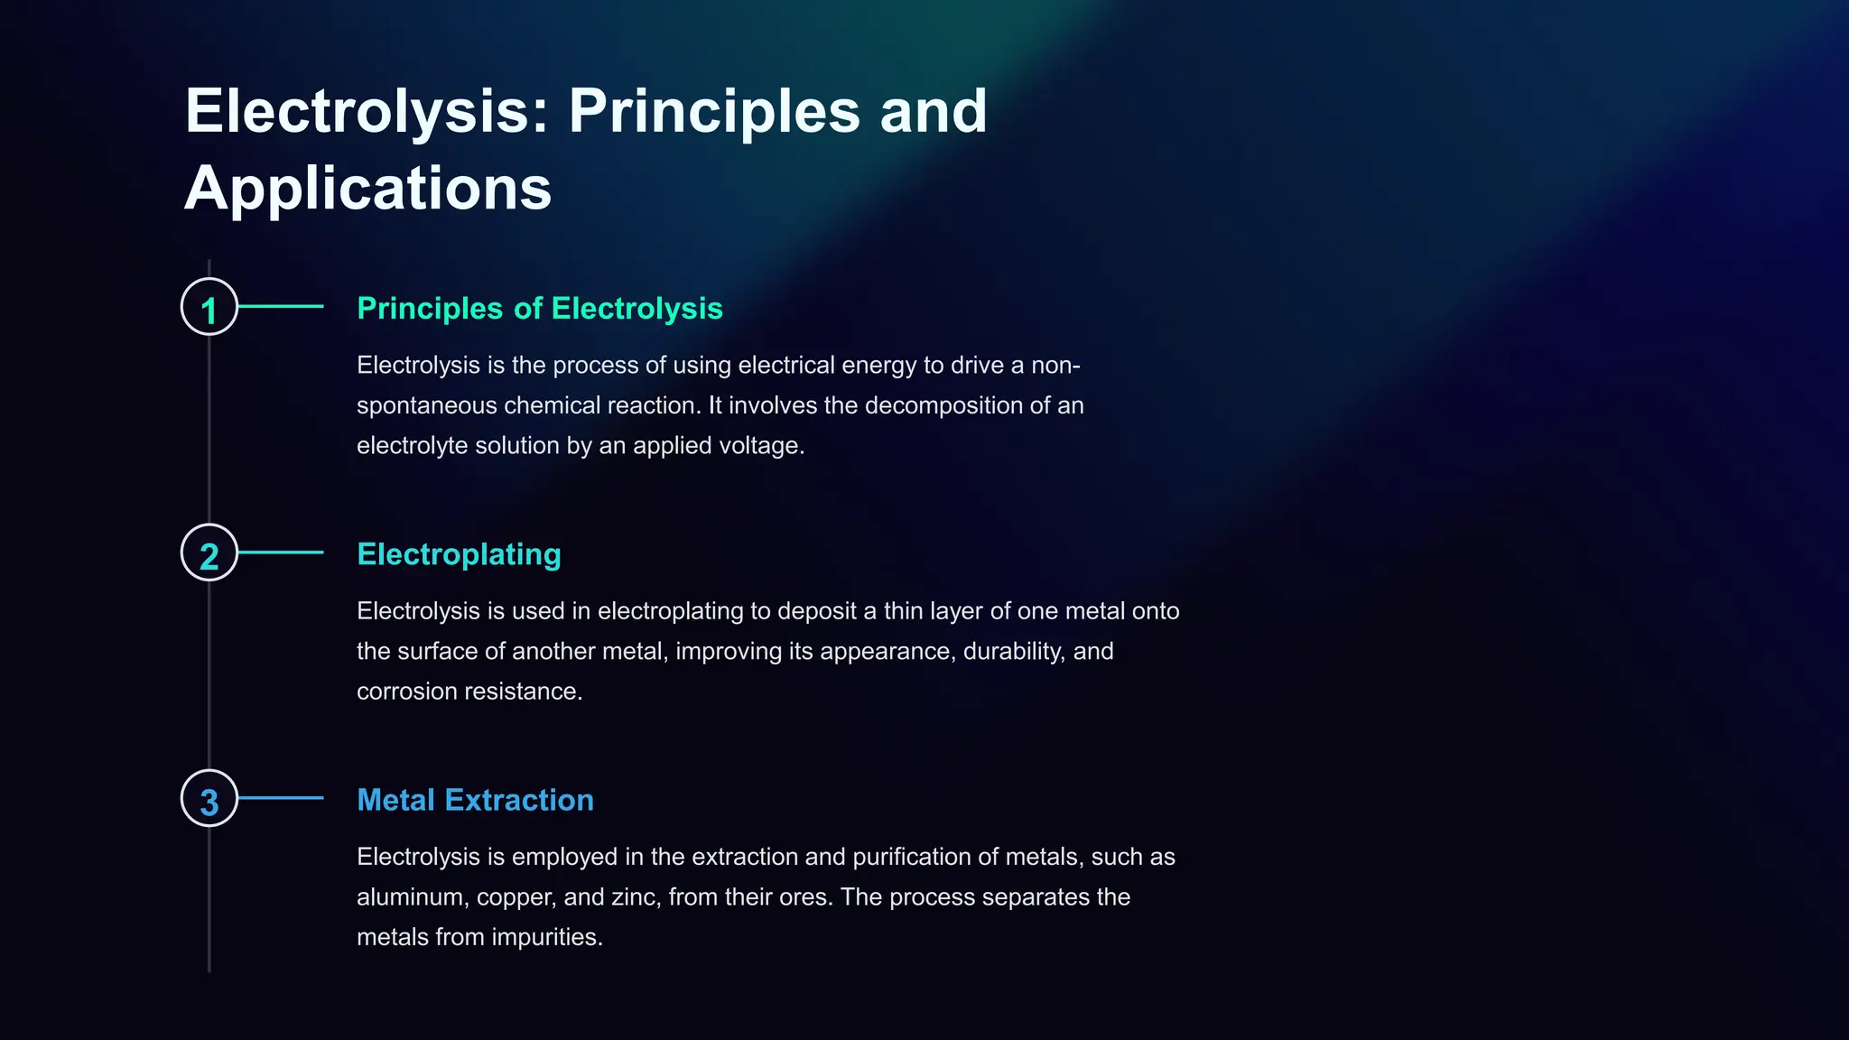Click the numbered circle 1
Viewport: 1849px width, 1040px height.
click(209, 307)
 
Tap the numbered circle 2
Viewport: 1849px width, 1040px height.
click(209, 552)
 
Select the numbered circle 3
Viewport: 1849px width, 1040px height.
click(209, 798)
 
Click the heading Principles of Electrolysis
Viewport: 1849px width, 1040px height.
click(539, 309)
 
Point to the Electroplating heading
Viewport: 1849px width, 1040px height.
click(459, 554)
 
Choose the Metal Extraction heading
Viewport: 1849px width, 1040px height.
click(475, 800)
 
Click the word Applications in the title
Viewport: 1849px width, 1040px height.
click(367, 188)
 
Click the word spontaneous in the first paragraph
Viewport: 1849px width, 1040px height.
click(426, 405)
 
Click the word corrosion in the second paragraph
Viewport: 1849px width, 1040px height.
click(406, 691)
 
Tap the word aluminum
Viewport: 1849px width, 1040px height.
click(412, 896)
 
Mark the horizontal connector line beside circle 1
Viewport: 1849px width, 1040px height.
click(281, 307)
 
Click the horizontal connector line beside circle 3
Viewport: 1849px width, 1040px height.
click(281, 798)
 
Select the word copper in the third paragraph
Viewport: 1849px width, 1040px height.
click(516, 897)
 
